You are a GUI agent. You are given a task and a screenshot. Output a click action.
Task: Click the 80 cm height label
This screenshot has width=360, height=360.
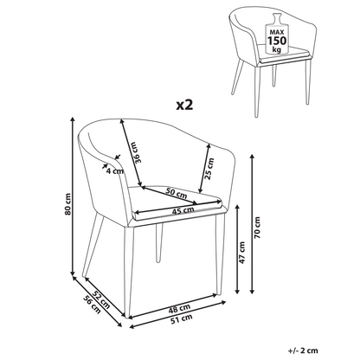click(x=67, y=204)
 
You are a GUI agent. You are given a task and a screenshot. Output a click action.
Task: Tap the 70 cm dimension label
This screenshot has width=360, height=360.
click(x=257, y=228)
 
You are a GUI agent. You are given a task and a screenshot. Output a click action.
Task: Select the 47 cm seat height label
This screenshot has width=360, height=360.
click(x=241, y=253)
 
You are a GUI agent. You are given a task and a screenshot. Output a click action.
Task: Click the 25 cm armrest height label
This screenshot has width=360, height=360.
click(x=210, y=169)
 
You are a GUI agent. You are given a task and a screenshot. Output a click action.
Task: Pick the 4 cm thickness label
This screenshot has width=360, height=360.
click(x=115, y=171)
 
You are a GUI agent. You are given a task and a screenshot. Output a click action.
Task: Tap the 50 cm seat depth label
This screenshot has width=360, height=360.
click(x=177, y=193)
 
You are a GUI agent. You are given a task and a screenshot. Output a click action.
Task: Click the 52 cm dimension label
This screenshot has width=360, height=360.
click(x=102, y=299)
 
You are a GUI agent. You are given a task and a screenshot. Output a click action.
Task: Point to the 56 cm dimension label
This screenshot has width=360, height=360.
click(x=93, y=305)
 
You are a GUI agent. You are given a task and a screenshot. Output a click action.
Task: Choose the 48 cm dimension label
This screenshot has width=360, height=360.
click(x=179, y=308)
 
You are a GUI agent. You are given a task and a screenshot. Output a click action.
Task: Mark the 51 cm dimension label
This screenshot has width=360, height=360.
click(x=182, y=319)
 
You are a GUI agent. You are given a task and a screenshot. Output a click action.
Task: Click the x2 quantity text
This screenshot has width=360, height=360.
click(x=184, y=106)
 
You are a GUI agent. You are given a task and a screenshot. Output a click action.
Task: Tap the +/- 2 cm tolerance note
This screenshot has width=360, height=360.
click(x=303, y=350)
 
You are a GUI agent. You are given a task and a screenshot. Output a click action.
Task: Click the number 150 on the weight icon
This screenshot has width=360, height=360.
click(x=277, y=41)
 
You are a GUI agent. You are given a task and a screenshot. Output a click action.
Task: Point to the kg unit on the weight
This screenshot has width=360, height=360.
click(x=277, y=49)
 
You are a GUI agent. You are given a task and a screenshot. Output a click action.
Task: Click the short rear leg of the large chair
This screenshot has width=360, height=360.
click(x=158, y=243)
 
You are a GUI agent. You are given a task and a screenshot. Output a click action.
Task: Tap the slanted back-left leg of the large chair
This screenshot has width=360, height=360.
click(x=93, y=246)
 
